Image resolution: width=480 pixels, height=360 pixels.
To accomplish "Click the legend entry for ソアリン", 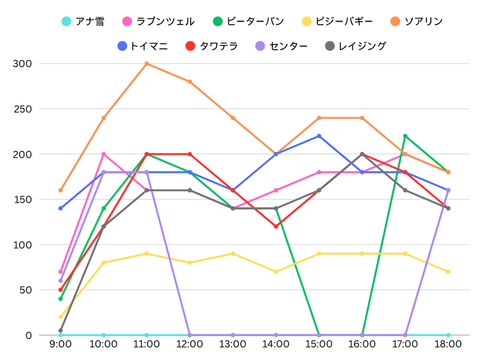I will (x=417, y=22).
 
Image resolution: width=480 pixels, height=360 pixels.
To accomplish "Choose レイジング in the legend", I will (x=355, y=46).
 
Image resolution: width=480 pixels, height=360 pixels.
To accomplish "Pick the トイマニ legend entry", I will (x=143, y=46).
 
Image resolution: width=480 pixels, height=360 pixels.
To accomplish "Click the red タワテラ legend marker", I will (x=191, y=46).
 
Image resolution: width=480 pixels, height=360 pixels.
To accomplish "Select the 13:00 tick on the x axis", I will (x=233, y=344).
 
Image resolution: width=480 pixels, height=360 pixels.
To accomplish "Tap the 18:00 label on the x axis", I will (x=448, y=344).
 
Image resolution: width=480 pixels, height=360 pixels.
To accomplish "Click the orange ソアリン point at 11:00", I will (x=146, y=64).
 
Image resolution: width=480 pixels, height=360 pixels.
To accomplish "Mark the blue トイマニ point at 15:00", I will (x=319, y=136).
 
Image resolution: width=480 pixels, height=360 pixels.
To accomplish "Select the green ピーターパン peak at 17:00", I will (x=405, y=136).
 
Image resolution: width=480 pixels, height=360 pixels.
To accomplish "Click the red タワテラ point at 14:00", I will (x=276, y=226).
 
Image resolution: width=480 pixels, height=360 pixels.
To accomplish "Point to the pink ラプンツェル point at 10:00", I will (x=104, y=154).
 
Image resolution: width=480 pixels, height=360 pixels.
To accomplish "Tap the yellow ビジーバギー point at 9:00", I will (x=61, y=317).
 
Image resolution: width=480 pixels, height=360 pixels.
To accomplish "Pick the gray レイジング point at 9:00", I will (x=61, y=331).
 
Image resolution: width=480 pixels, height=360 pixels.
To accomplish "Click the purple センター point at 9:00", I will (x=61, y=281).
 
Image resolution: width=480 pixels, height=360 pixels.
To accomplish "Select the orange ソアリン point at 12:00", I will (x=190, y=82).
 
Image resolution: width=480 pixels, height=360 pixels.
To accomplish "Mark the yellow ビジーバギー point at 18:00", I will (x=448, y=272).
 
